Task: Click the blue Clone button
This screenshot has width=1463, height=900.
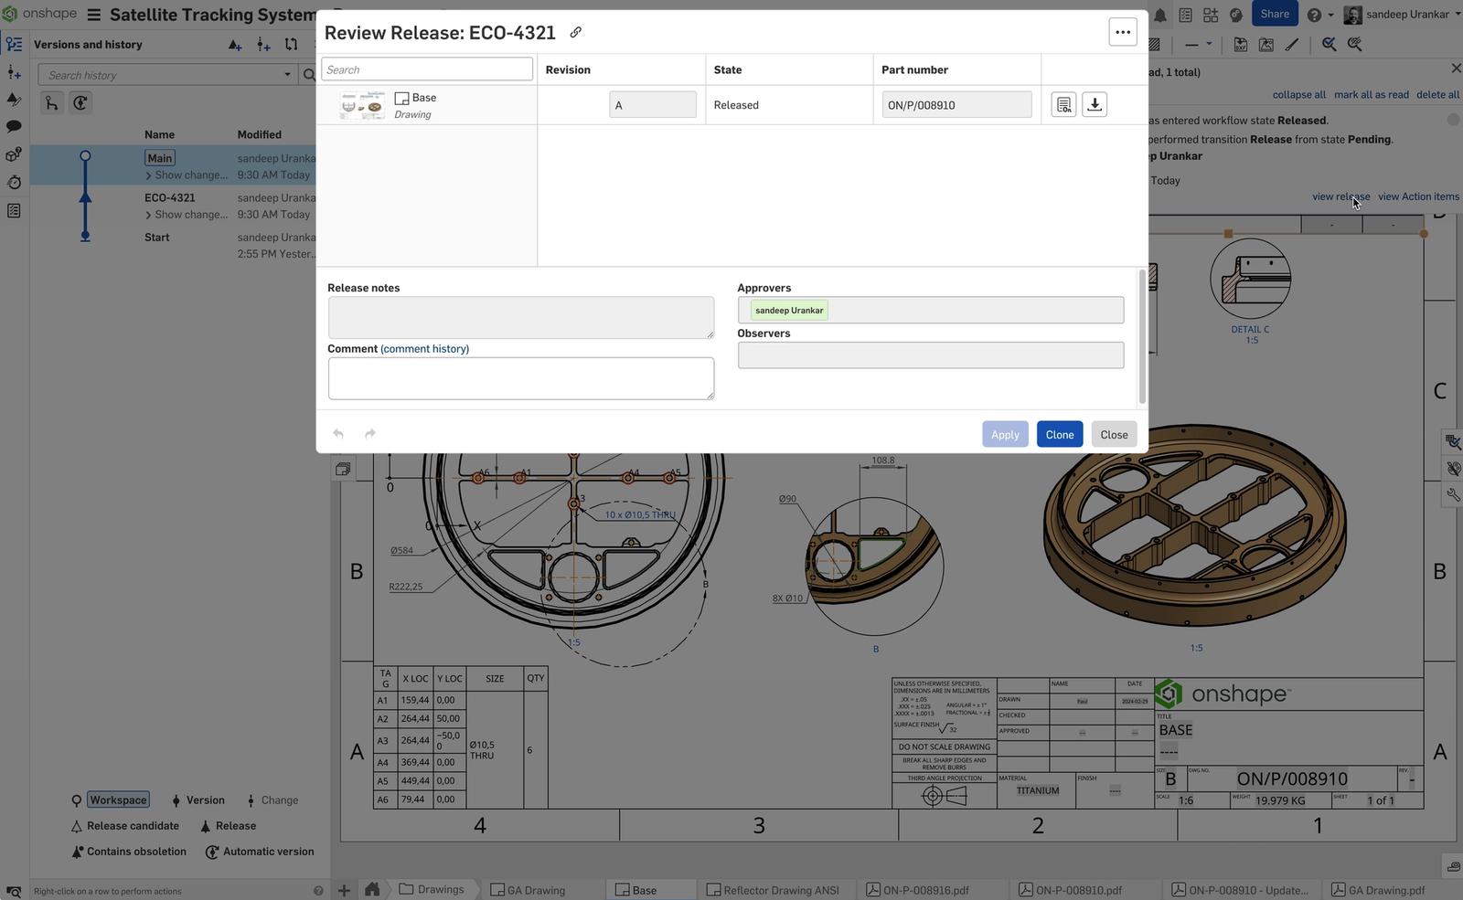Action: [1059, 434]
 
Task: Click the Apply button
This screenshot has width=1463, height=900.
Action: [1004, 434]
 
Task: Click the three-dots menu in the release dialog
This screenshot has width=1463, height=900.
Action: [1122, 32]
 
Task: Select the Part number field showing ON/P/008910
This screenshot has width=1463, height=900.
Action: [956, 105]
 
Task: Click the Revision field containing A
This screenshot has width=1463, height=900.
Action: [652, 105]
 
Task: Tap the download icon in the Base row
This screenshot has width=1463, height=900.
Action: [1094, 104]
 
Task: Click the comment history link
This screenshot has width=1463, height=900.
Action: [424, 349]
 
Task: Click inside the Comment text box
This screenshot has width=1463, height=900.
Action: [520, 378]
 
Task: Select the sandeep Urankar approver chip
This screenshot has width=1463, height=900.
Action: [788, 311]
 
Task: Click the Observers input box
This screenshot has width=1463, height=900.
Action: [930, 355]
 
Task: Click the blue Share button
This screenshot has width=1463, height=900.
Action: [1274, 14]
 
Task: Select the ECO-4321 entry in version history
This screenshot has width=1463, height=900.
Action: [170, 197]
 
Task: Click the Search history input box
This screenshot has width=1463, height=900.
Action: [165, 75]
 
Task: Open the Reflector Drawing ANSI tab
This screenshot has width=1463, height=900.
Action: [780, 890]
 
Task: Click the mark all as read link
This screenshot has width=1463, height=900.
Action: [1371, 95]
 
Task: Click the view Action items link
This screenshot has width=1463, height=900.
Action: [1418, 196]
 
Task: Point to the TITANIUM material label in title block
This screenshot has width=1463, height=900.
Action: [1037, 791]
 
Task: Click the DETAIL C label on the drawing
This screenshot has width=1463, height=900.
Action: [1249, 330]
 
